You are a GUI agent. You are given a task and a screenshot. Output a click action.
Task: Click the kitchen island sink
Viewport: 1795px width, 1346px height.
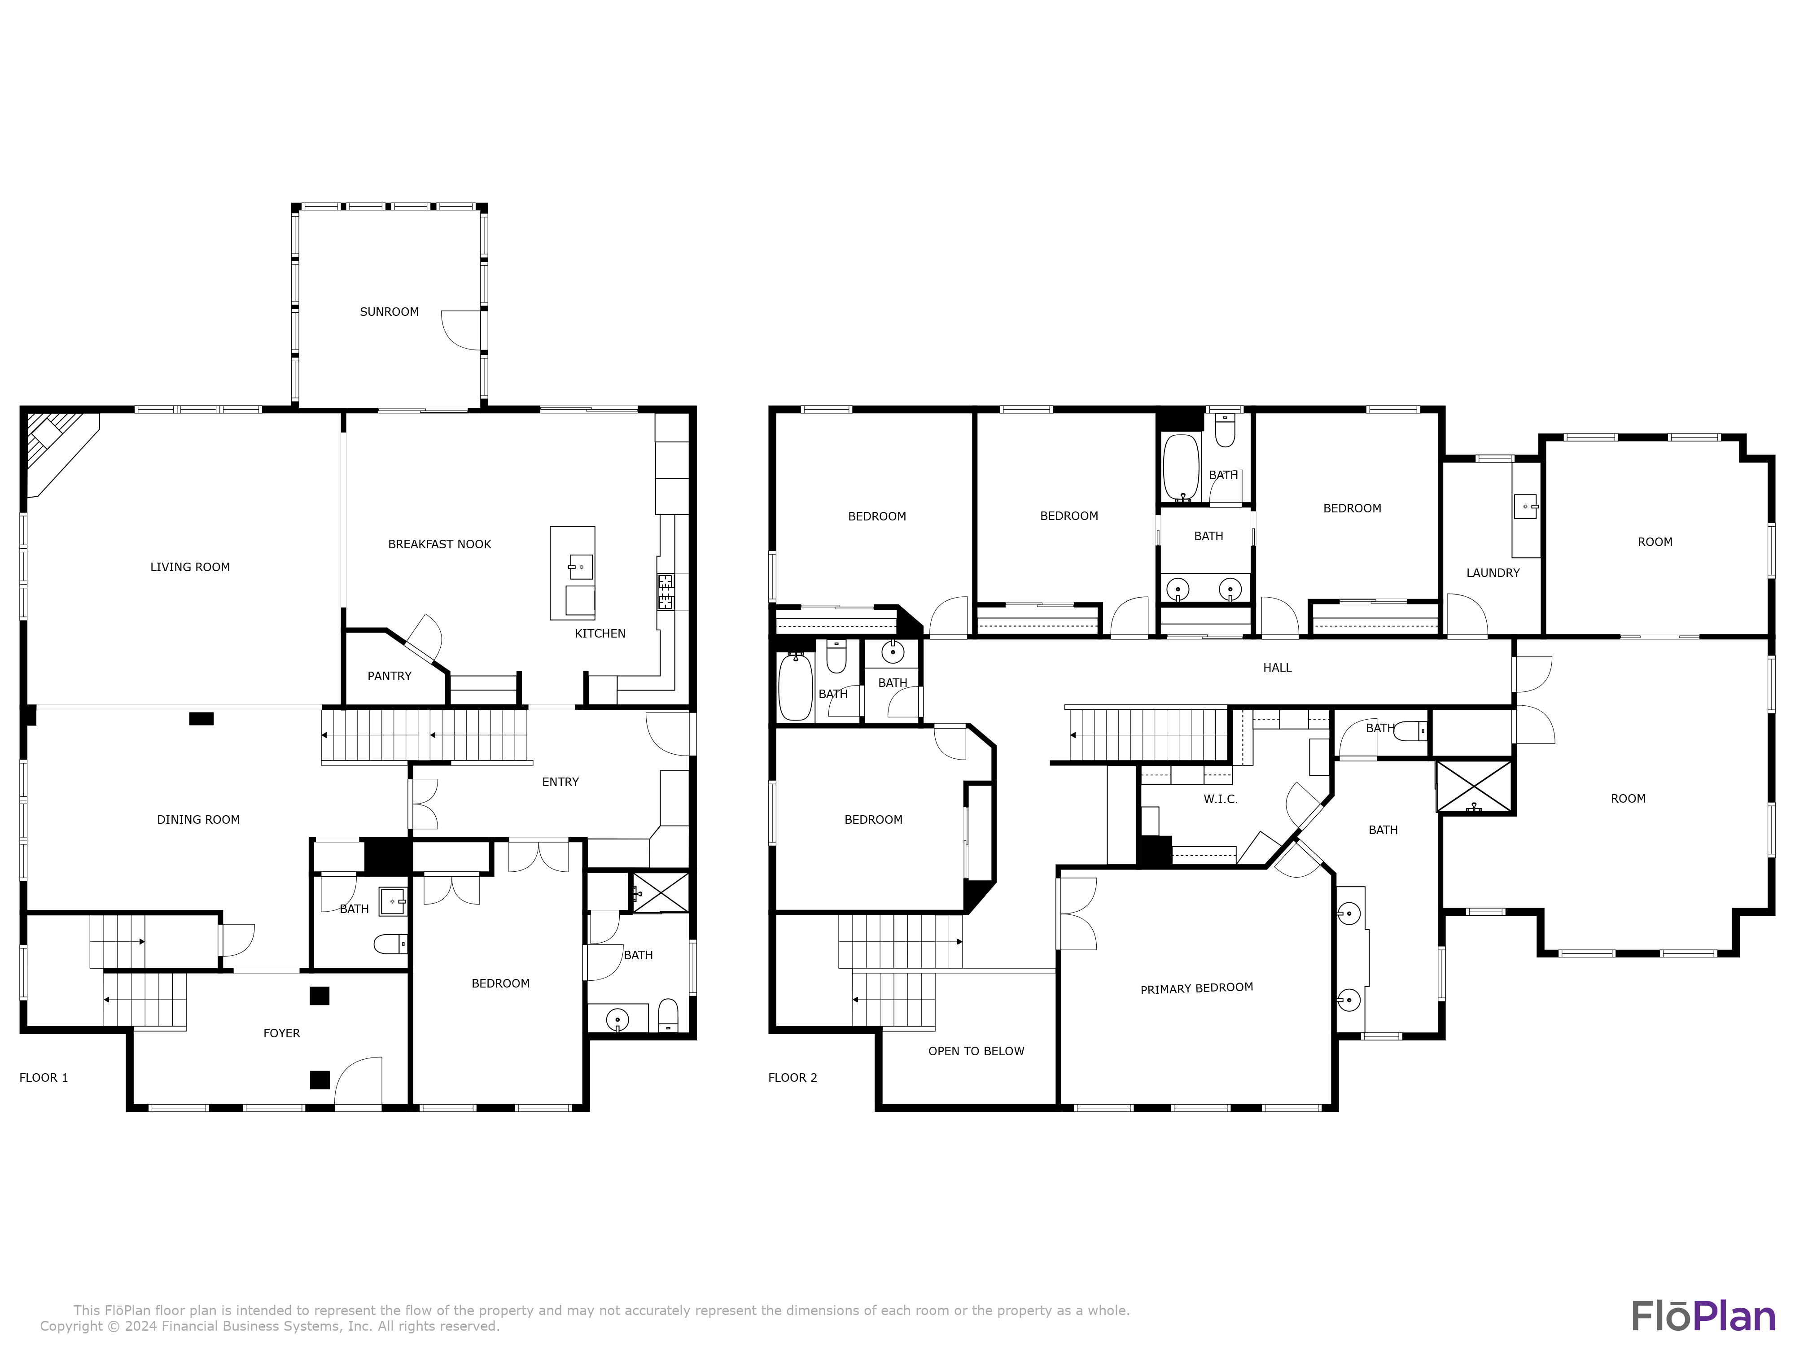[580, 565]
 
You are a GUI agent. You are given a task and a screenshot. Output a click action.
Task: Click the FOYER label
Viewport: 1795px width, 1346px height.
[281, 1033]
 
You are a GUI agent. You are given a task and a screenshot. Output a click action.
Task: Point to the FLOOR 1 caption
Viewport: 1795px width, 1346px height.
[44, 1077]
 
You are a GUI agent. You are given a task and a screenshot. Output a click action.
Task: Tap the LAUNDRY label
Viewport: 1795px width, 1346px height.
[1492, 573]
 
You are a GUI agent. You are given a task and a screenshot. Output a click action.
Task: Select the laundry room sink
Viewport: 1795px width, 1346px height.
[1526, 507]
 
